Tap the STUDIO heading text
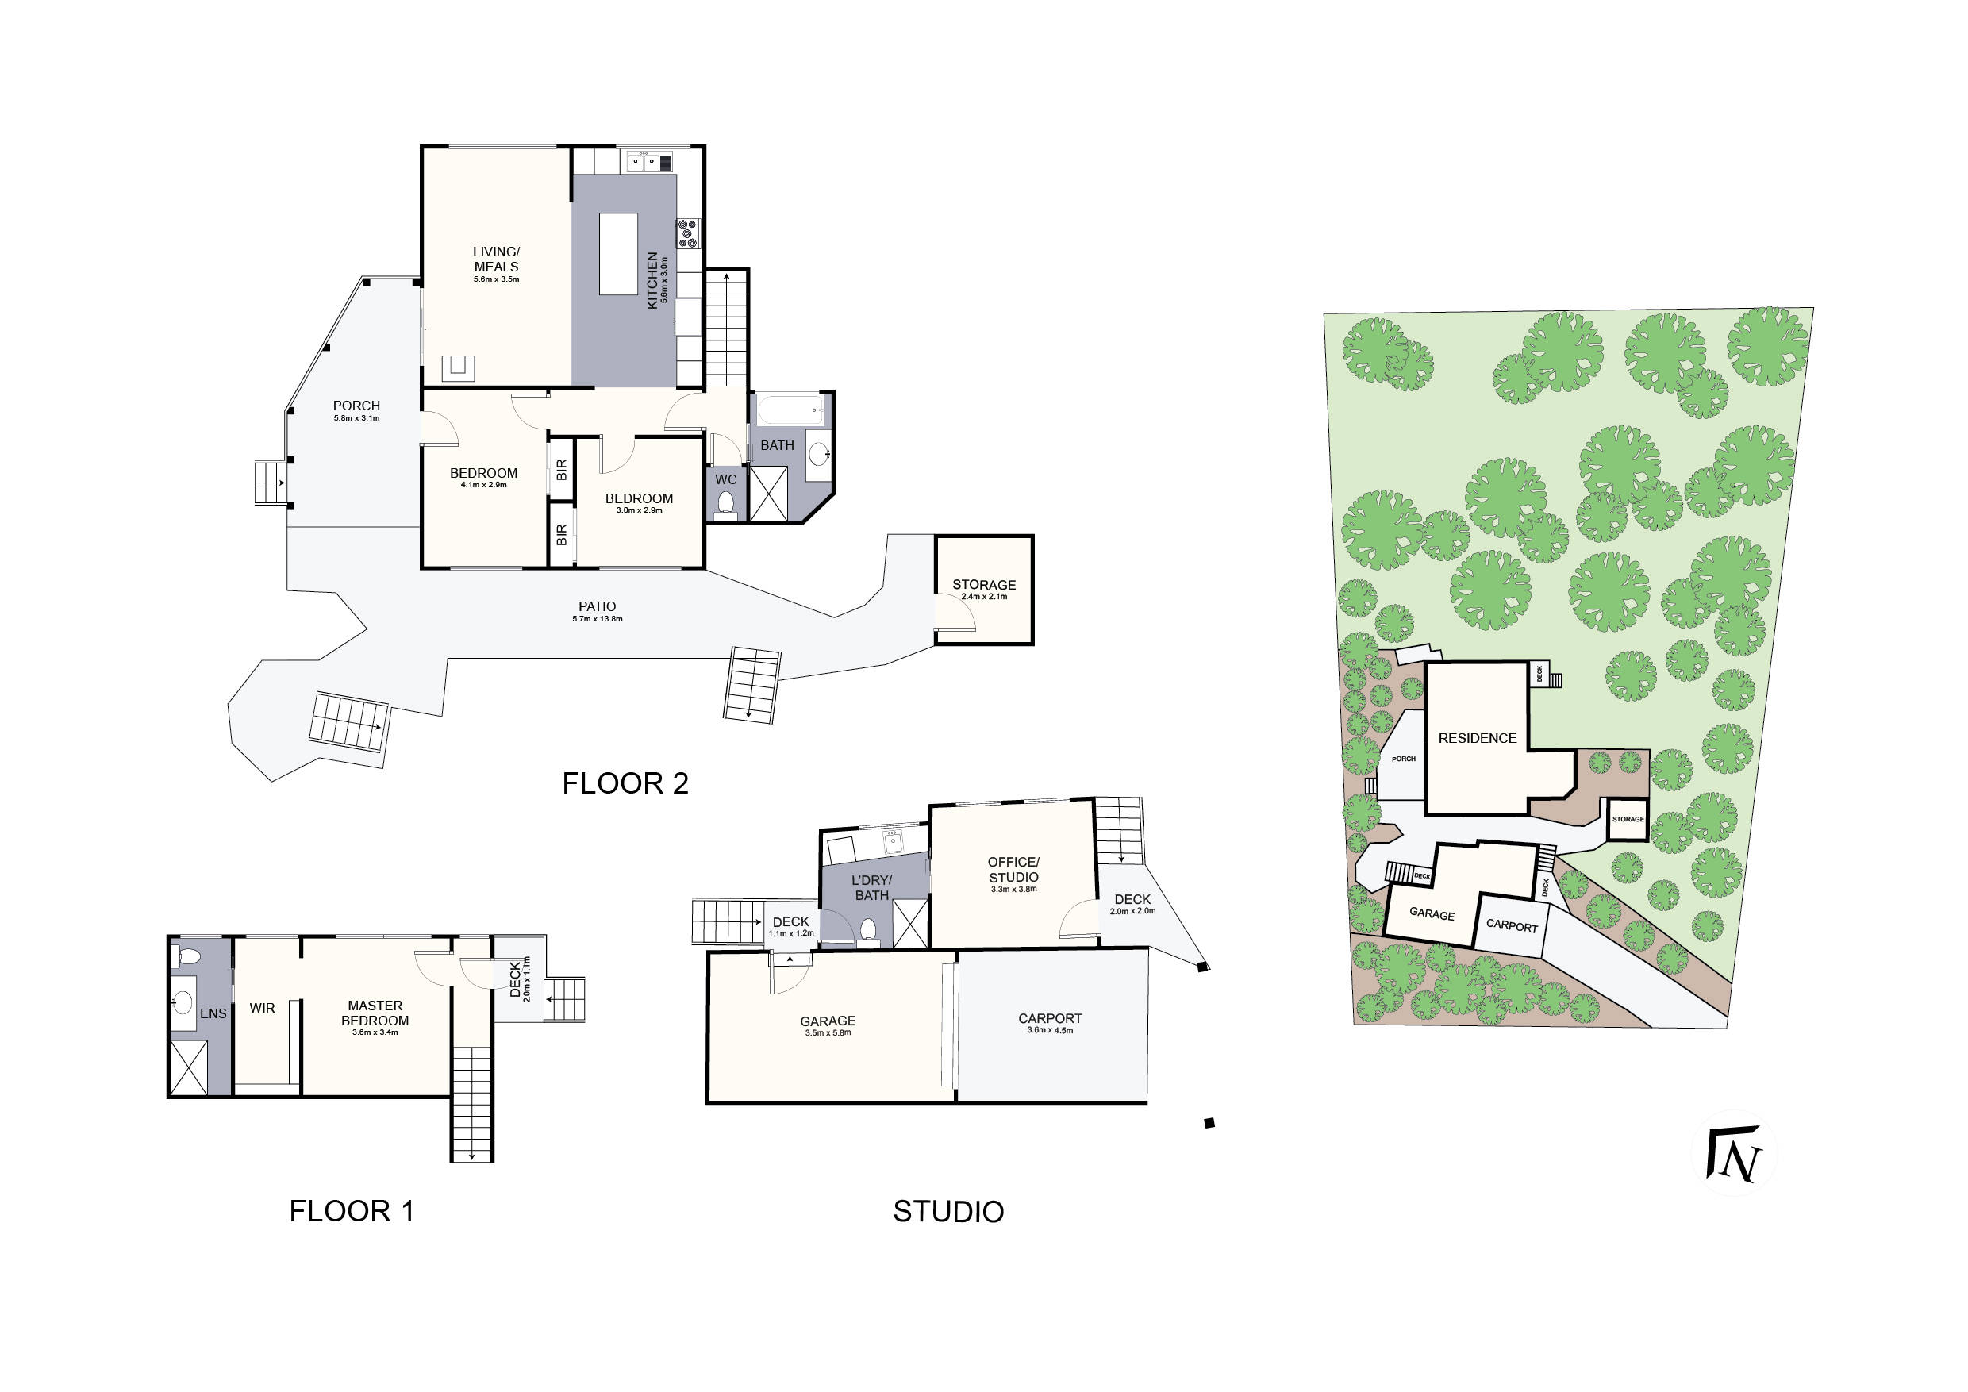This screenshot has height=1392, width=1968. (948, 1211)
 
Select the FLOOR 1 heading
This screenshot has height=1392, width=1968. (352, 1211)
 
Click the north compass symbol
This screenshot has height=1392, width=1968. (1733, 1155)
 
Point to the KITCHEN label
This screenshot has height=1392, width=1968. (652, 280)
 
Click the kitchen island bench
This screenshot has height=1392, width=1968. (618, 254)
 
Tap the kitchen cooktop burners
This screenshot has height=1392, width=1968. (688, 234)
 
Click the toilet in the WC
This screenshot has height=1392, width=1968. (725, 503)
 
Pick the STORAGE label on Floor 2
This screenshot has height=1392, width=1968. (984, 585)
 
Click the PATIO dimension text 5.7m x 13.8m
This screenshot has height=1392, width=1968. (598, 619)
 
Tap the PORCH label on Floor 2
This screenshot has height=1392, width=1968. (356, 406)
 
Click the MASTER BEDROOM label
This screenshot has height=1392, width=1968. (375, 1013)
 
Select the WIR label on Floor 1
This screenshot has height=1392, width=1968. (263, 1008)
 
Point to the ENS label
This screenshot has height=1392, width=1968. (213, 1013)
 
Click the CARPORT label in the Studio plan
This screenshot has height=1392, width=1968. (1050, 1018)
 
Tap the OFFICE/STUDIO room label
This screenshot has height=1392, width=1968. (1013, 870)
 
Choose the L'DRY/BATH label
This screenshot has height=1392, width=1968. (872, 888)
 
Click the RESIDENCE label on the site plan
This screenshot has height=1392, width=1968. (1477, 738)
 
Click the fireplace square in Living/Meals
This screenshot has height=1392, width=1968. (458, 367)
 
